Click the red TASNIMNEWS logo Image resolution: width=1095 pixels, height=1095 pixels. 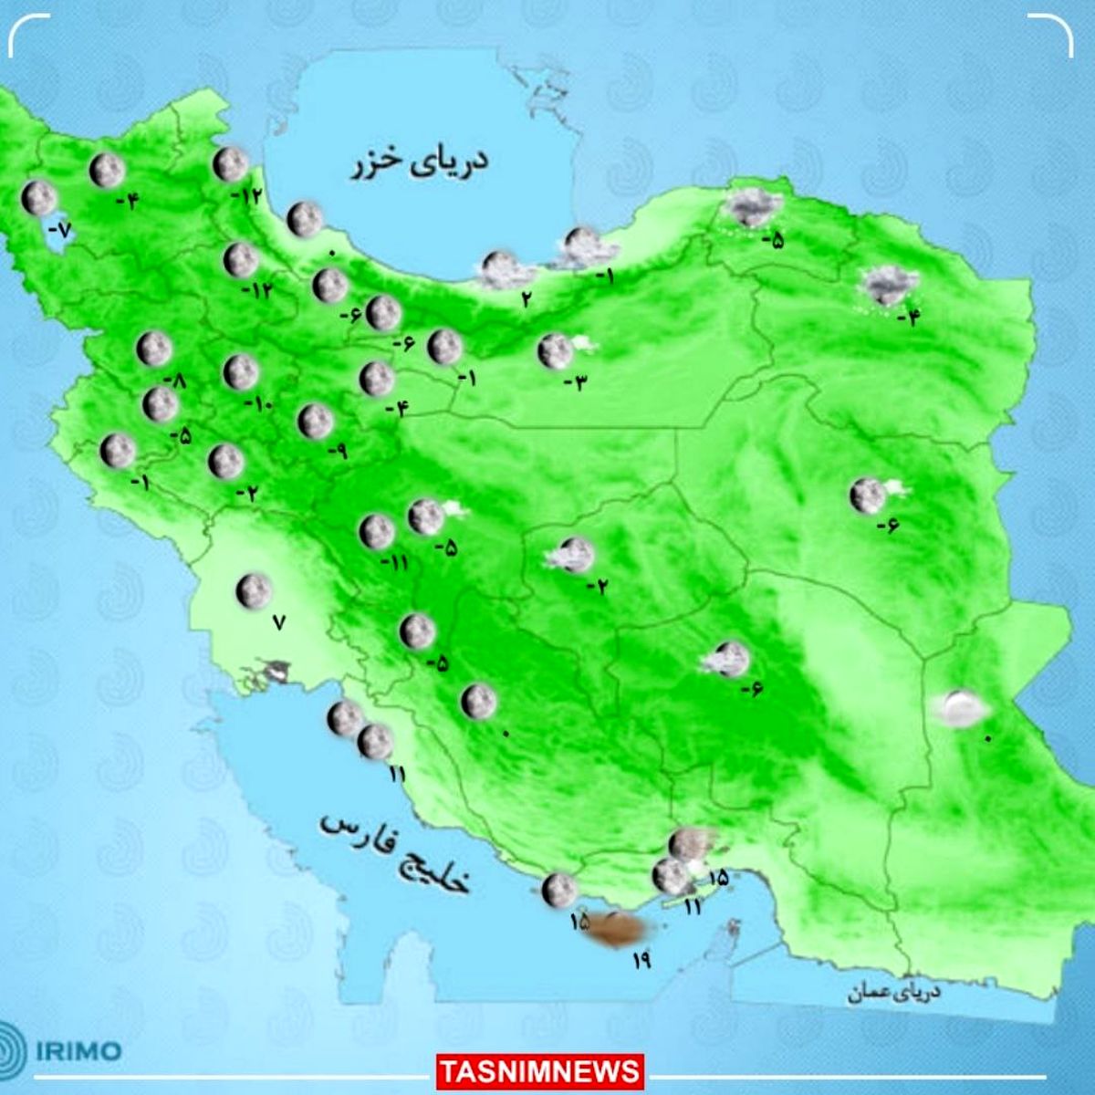[540, 1070]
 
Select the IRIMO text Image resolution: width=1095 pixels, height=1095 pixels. [78, 1050]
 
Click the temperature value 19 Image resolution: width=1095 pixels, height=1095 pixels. [641, 959]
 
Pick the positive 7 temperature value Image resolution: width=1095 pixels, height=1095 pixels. [279, 623]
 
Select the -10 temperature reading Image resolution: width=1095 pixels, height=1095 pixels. [258, 404]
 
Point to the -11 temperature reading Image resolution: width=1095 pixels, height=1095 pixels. [394, 562]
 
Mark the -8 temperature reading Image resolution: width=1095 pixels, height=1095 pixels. [173, 381]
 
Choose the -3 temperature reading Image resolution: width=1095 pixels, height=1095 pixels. [575, 381]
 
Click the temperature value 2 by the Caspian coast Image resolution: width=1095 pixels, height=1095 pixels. [527, 297]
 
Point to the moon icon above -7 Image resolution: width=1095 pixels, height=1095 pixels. [39, 198]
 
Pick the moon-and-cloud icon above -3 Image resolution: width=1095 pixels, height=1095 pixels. [559, 350]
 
